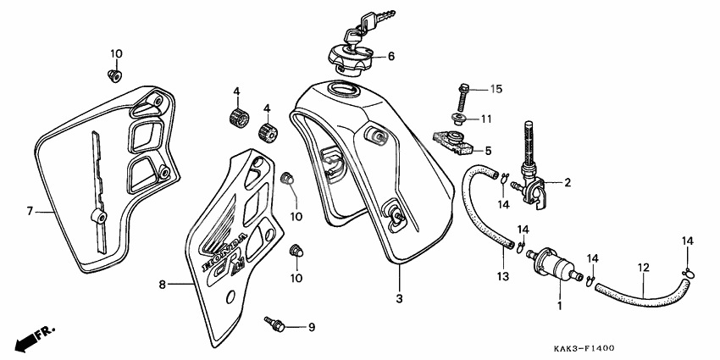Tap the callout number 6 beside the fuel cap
coord(391,58)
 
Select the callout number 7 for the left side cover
coord(29,211)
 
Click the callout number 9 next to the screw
coord(311,327)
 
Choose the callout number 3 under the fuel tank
coord(399,298)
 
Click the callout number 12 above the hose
coord(643,268)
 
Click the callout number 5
coord(488,150)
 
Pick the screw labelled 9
coord(274,324)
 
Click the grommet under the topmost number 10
coord(113,77)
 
